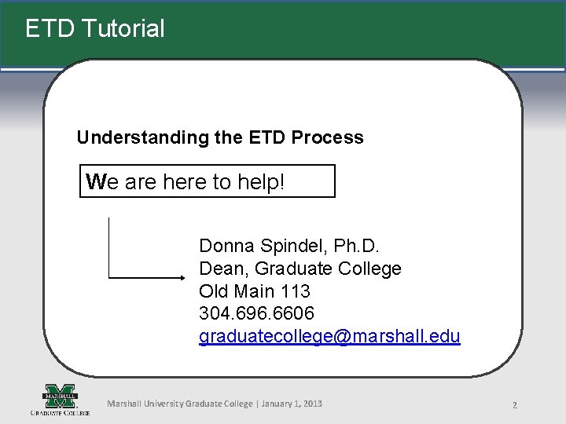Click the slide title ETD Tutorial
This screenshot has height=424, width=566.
[x=95, y=29]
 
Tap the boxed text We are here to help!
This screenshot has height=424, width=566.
[x=186, y=182]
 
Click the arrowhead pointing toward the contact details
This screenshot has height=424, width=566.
[x=178, y=278]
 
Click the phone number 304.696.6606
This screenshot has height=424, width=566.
[x=256, y=313]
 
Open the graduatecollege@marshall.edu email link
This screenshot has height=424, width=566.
[x=329, y=336]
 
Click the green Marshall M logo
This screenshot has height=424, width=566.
[x=60, y=394]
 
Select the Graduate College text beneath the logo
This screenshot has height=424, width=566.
[x=60, y=411]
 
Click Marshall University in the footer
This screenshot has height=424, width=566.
[x=145, y=404]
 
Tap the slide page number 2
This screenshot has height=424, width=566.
[x=514, y=405]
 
